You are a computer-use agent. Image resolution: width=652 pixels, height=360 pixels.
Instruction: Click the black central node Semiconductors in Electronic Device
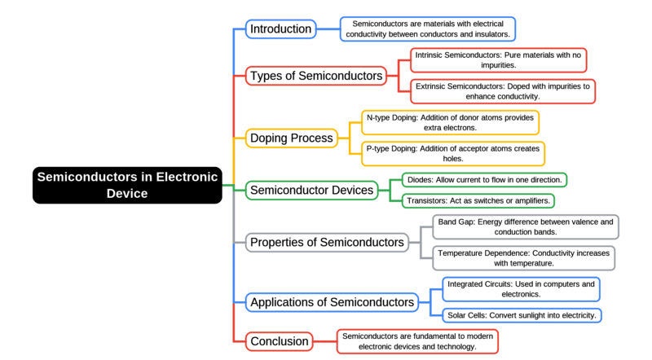coord(127,185)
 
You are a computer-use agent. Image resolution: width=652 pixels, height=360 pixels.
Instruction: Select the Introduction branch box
coord(280,29)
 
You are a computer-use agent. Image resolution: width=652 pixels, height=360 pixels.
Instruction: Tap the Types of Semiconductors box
coord(316,76)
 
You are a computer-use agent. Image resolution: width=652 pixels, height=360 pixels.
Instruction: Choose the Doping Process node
coord(290,138)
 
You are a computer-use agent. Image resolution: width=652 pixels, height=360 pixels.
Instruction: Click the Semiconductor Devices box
coord(311,191)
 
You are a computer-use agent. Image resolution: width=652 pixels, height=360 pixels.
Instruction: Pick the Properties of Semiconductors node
coord(327,242)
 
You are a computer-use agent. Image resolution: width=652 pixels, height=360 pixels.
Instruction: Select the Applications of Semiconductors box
coord(332,302)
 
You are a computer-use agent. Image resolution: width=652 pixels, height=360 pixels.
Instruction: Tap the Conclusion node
coord(280,341)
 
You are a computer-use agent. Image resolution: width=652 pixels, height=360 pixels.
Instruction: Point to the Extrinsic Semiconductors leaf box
coord(502,90)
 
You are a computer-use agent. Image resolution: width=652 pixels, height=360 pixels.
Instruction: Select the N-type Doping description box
coord(450,123)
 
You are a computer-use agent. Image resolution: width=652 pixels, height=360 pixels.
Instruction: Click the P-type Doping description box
coord(452,154)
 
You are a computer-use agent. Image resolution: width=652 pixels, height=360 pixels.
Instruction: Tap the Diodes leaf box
coord(484,179)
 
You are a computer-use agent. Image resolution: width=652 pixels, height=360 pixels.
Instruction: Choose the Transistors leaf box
coord(478,200)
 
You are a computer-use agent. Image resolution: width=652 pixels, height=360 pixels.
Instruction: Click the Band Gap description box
coord(524,227)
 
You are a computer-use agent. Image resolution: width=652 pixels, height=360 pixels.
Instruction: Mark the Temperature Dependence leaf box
coord(523,258)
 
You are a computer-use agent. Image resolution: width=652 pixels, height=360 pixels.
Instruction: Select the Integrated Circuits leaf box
coord(520,289)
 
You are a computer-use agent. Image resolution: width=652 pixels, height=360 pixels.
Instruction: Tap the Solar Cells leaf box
coord(522,315)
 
